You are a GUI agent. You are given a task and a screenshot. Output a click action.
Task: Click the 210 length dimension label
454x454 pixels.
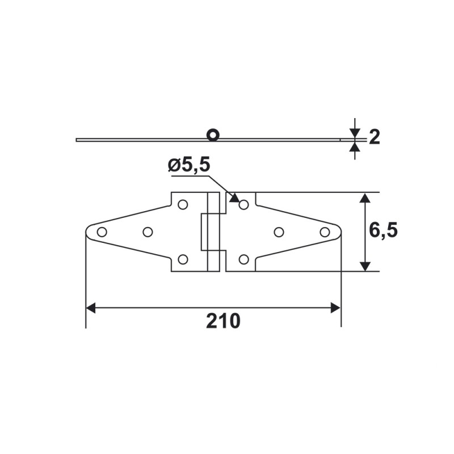[x=223, y=321]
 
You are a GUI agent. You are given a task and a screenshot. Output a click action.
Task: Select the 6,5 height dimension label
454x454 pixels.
[x=383, y=231]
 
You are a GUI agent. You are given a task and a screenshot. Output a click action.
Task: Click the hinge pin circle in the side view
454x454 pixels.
[x=213, y=135]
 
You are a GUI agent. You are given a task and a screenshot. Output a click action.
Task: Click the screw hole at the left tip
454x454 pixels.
[x=102, y=232]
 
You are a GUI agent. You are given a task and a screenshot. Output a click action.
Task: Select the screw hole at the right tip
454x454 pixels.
[x=325, y=232]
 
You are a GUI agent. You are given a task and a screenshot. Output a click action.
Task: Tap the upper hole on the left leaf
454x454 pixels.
[x=183, y=204]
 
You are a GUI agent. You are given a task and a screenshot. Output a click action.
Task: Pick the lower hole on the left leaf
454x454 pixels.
[x=183, y=259]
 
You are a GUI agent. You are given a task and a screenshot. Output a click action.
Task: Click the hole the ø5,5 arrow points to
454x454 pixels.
[x=244, y=204]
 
